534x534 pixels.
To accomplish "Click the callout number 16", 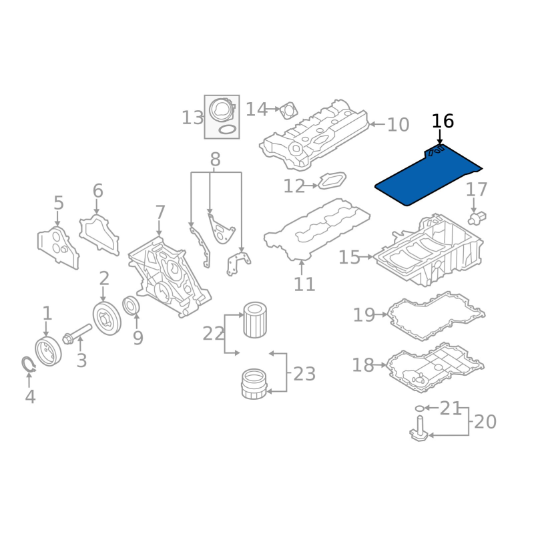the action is coord(443,121).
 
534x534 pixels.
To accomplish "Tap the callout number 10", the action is coord(398,125).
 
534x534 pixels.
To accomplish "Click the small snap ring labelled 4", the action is coord(28,364).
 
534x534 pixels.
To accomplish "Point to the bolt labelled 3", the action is coord(77,334).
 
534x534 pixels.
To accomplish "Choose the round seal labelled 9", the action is coord(131,306).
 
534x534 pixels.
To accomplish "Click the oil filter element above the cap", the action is coord(255,320).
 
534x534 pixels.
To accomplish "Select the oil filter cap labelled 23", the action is coord(254,384).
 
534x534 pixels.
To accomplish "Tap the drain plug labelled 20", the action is coord(419,430).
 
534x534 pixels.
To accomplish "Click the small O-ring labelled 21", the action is coord(420,408).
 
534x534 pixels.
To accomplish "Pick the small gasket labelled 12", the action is coord(332,180).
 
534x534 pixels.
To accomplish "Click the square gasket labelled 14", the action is coord(289,110).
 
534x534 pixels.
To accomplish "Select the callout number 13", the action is coord(192,118).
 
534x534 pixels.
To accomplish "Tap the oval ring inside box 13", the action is coord(227,129).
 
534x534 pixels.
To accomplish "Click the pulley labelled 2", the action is coord(107,318).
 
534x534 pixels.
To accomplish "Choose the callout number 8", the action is coord(215,159).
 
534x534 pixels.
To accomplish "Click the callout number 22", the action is coord(213,334).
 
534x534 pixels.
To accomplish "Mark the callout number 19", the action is coord(364,315).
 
